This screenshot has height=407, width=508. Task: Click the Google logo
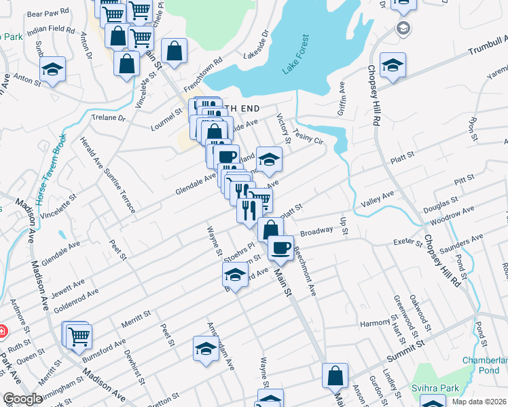pyautogui.click(x=22, y=399)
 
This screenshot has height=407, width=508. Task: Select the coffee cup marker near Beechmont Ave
pyautogui.click(x=280, y=248)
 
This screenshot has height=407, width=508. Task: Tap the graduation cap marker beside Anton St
pyautogui.click(x=52, y=70)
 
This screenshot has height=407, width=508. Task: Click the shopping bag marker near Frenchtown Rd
pyautogui.click(x=175, y=50)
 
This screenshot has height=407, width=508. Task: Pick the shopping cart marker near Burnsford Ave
pyautogui.click(x=79, y=335)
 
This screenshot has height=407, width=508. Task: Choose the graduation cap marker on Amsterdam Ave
pyautogui.click(x=206, y=349)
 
